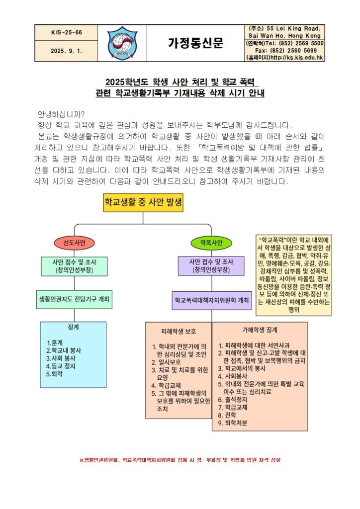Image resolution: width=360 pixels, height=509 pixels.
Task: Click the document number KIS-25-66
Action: [67, 32]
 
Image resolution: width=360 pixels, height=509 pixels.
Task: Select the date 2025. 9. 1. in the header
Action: [67, 51]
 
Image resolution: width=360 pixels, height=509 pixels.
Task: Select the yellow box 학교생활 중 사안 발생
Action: [143, 202]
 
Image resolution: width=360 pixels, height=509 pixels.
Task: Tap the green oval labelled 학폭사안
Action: [211, 243]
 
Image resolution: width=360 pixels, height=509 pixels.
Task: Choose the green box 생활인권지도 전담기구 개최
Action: [75, 299]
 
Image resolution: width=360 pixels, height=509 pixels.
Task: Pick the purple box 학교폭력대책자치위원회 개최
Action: [211, 301]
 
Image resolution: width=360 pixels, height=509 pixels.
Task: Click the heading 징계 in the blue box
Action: [73, 328]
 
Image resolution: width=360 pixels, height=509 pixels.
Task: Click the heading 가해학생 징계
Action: [260, 330]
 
